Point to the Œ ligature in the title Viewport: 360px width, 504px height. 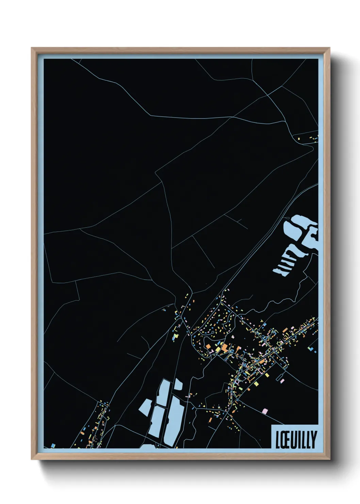click(283, 439)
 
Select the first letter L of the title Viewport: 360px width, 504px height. click(277, 439)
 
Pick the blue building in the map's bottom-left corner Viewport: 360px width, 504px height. click(53, 445)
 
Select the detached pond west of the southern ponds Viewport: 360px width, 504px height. click(145, 407)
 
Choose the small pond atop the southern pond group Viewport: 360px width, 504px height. click(178, 385)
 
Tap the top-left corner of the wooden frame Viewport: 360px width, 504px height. click(32, 48)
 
